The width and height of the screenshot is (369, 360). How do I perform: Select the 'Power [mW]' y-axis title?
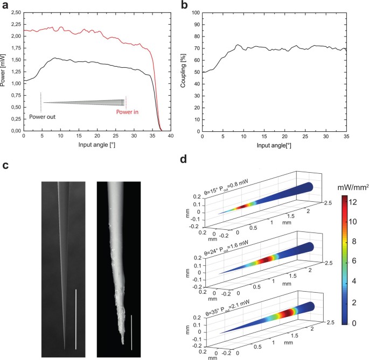pos(4,72)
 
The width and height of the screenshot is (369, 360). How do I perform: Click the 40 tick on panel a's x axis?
pos(171,137)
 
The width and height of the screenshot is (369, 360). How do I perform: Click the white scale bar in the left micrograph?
pos(76,318)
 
